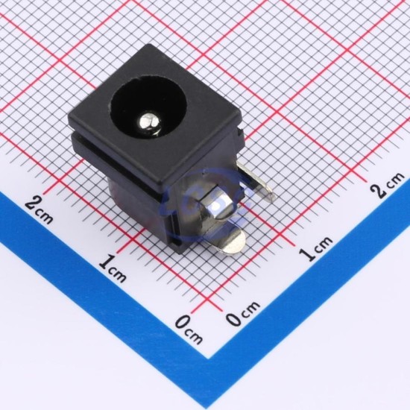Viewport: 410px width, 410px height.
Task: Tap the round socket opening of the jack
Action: pos(149,109)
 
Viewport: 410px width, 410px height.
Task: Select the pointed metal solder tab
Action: pos(255,181)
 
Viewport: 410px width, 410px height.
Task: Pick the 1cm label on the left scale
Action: pos(113,269)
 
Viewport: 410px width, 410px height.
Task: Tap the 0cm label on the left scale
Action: pos(189,330)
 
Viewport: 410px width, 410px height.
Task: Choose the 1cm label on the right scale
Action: pos(315,247)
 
